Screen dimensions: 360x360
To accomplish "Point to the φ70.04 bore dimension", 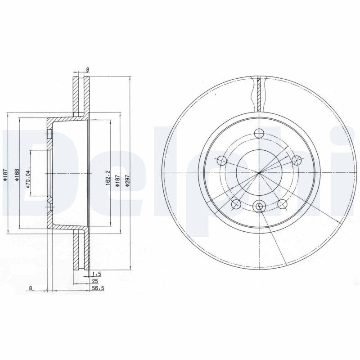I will click(28, 177).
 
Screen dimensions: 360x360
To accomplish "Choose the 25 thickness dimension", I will click(94, 280).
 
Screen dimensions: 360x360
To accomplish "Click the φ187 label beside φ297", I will click(117, 180).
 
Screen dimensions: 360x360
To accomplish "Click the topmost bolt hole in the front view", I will click(259, 133).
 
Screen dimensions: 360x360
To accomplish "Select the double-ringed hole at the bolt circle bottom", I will click(259, 206).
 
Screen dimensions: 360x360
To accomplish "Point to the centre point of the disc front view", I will click(259, 173).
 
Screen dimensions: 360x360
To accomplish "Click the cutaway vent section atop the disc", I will click(259, 94).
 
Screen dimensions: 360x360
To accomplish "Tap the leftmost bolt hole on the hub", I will click(221, 160).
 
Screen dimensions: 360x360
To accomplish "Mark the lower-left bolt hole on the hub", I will click(235, 205).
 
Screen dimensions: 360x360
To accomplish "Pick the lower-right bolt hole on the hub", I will click(282, 205).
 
